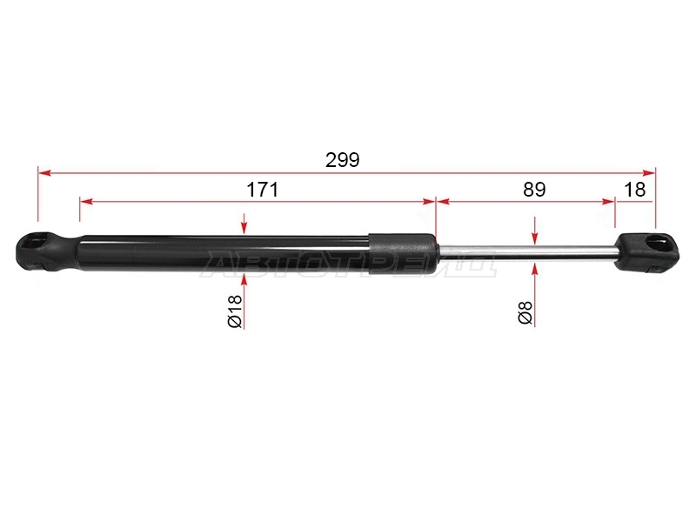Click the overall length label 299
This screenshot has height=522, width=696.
pos(342,160)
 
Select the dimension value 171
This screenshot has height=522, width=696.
pos(263,190)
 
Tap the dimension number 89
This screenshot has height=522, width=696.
pos(534,190)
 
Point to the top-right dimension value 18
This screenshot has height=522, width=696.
pos(634,190)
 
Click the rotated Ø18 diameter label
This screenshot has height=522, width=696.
pos(235,311)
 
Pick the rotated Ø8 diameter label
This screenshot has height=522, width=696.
pos(525,312)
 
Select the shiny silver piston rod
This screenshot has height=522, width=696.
pos(527,251)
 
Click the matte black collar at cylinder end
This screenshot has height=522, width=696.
pos(403,253)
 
